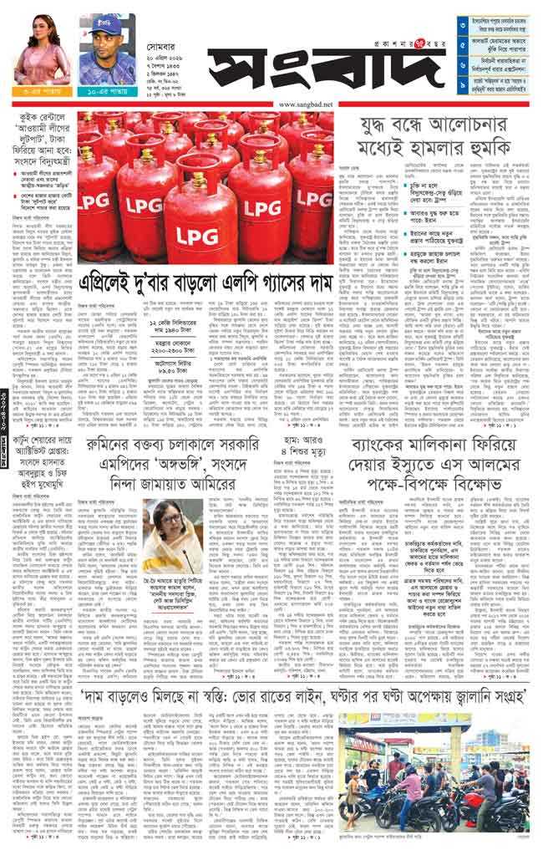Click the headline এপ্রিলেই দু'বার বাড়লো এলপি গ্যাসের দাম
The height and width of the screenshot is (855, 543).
point(206,283)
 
